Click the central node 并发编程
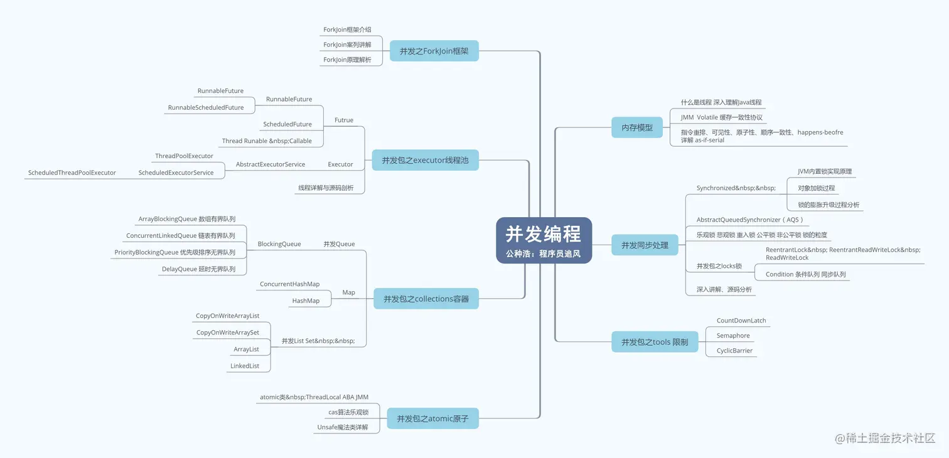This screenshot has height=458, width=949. pos(544,234)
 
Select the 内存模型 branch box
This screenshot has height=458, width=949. pos(637,127)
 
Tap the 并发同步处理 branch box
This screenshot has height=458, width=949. pos(645,245)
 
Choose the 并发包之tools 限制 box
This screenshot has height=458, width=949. pos(655,342)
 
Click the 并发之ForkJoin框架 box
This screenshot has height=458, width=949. pos(434,51)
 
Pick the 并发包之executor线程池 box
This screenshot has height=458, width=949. pos(425,160)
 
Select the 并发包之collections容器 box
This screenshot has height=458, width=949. pos(426,299)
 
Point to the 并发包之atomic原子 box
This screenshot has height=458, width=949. pos(432,418)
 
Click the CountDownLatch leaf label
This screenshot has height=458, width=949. pos(741,321)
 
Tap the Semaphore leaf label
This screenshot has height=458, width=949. pos(733,336)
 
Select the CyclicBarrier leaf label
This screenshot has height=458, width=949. pos(734,351)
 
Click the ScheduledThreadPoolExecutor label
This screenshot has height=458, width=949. pos(72,173)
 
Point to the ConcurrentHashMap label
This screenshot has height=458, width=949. pos(289,284)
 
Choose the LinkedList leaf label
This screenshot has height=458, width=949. pos(245,366)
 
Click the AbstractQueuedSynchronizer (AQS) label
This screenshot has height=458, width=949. pos(749,220)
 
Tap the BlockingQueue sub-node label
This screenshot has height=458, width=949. pos(279,244)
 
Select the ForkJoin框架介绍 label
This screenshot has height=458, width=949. pos(347,29)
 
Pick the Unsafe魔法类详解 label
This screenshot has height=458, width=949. pos(343,427)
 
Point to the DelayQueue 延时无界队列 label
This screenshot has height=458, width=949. pos(198,269)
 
